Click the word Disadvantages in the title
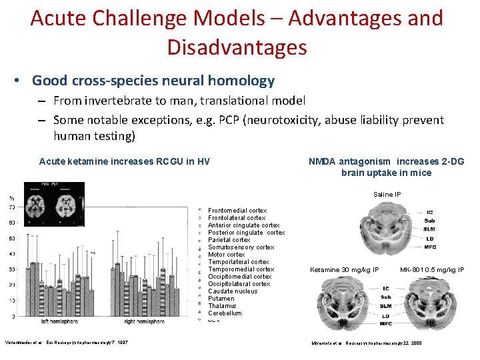coord(237,47)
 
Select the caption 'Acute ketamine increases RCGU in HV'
coord(125,161)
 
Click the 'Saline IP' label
coord(387,195)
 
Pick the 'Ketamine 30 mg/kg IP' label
coord(345,270)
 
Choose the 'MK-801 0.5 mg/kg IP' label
coord(432,270)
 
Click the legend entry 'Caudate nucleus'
coord(232,291)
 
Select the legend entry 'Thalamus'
coord(223,306)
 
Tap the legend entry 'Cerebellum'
coord(225,313)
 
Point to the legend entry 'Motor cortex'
coord(227,255)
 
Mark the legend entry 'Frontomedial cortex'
coord(237,211)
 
